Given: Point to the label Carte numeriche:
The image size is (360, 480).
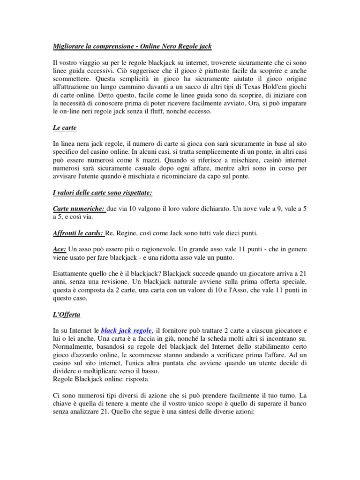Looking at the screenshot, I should click(79, 208).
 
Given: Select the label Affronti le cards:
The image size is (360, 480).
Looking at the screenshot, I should click(78, 233).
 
